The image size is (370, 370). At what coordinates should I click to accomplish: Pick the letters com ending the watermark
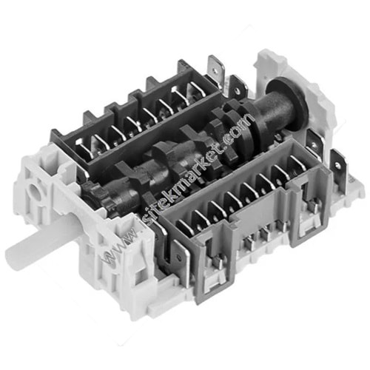tap(239, 126)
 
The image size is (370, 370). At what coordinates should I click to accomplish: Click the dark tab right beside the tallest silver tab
tap(238, 87)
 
